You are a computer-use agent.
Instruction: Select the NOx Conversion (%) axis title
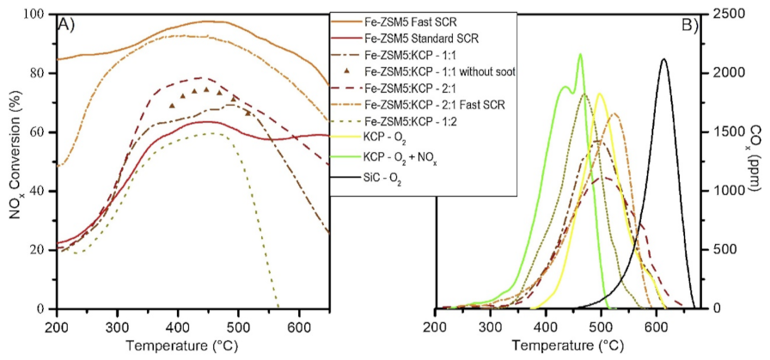[x=15, y=162]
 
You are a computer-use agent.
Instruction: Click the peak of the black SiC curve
[x=663, y=59]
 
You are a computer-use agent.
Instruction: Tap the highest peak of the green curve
[x=580, y=54]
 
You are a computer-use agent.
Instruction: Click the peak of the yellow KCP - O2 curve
[x=599, y=94]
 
